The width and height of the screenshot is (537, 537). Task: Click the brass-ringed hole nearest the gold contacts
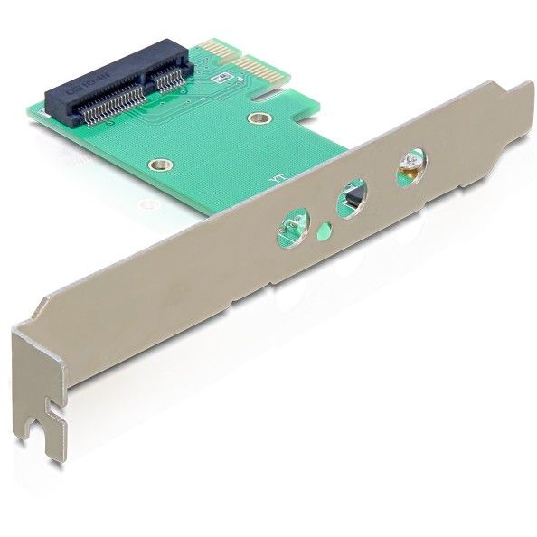259,118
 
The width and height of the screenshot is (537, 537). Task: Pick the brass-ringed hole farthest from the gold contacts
161,165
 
